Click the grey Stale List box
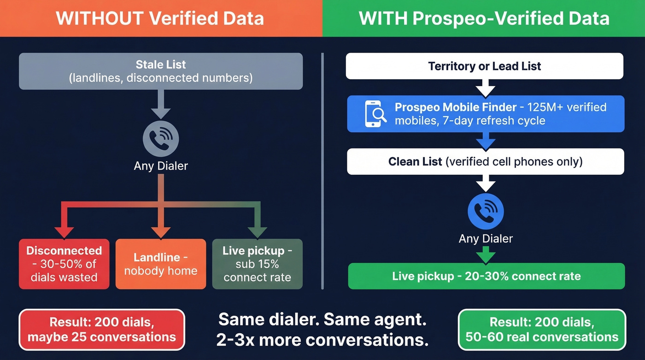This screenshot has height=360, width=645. [161, 71]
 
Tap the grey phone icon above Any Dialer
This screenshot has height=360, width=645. [161, 139]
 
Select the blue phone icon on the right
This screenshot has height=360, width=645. [486, 211]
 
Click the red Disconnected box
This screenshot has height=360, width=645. [64, 264]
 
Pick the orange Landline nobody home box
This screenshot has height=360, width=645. [161, 264]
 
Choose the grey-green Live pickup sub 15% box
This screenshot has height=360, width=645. [258, 264]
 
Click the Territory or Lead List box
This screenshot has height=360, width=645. [485, 66]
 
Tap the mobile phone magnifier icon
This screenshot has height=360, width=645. [375, 114]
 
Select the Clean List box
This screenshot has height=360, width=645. [486, 162]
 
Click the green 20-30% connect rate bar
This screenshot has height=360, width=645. [487, 276]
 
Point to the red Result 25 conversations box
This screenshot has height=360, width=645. [102, 330]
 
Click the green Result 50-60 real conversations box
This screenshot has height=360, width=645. [542, 330]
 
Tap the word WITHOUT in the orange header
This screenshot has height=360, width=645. [100, 18]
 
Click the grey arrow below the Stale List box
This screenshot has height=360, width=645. [161, 104]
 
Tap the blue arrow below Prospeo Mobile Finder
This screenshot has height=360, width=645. [486, 142]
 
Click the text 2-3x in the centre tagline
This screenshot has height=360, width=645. [235, 340]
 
